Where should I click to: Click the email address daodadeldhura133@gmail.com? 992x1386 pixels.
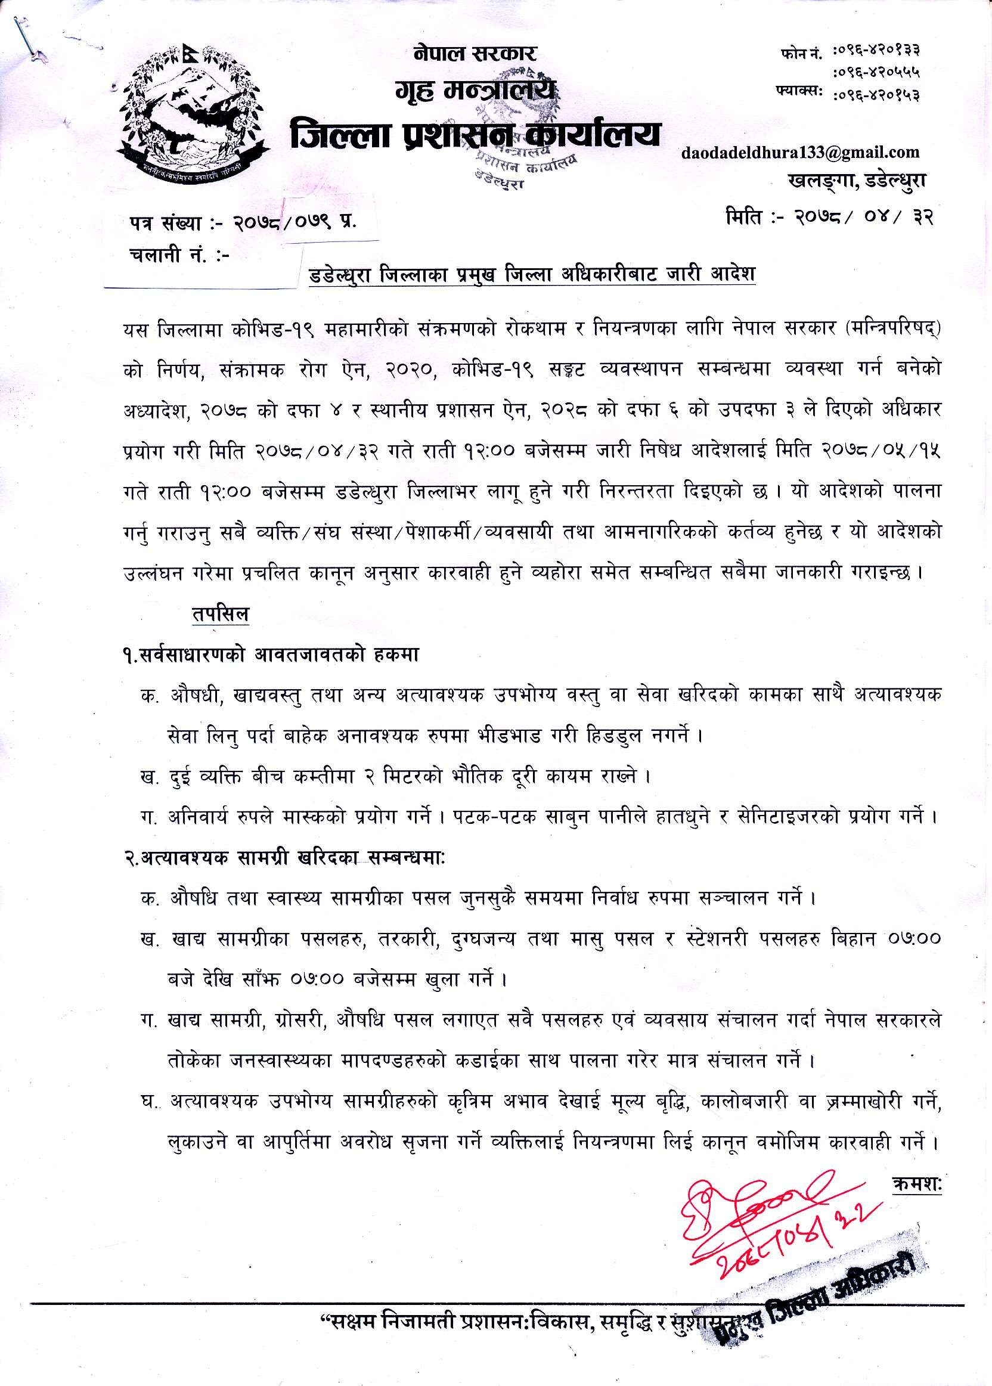point(800,152)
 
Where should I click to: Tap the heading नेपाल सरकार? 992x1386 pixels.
point(475,54)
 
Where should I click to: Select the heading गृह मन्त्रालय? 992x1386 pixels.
point(475,92)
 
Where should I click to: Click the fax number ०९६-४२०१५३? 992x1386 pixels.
point(876,95)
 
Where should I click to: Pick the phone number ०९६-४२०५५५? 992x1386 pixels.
point(876,73)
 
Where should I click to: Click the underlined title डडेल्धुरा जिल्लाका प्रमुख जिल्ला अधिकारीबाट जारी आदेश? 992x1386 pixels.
point(532,274)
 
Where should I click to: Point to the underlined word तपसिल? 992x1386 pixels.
point(221,614)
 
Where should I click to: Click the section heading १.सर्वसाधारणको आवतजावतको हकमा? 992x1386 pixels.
point(271,655)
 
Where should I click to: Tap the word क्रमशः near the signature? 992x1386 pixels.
point(917,1185)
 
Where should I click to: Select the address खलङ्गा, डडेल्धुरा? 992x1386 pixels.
point(857,181)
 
